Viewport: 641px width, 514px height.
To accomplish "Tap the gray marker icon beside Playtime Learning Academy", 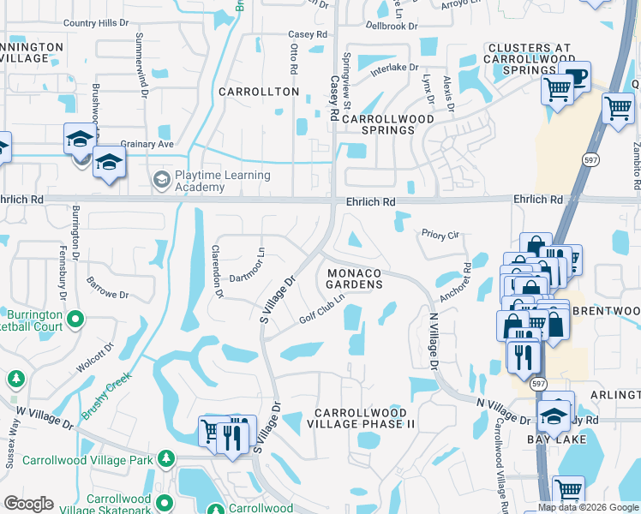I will pos(160,180).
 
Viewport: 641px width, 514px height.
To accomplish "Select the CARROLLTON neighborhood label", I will pos(258,92).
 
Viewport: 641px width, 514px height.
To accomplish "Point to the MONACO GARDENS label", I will pos(352,278).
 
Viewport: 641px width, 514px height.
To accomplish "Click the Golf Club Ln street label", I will pos(321,309).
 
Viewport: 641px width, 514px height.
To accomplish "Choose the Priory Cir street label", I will pos(440,233).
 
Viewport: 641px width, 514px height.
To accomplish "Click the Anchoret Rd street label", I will pos(453,281).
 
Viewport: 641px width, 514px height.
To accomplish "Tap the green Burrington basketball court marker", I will pos(75,320).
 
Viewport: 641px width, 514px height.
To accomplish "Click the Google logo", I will pos(29,504).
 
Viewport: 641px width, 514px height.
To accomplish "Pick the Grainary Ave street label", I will pos(147,144).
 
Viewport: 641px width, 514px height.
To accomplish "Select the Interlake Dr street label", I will pos(394,68).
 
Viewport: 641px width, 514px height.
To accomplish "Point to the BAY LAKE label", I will pos(557,439).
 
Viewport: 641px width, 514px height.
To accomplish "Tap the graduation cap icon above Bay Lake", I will pos(554,416).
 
